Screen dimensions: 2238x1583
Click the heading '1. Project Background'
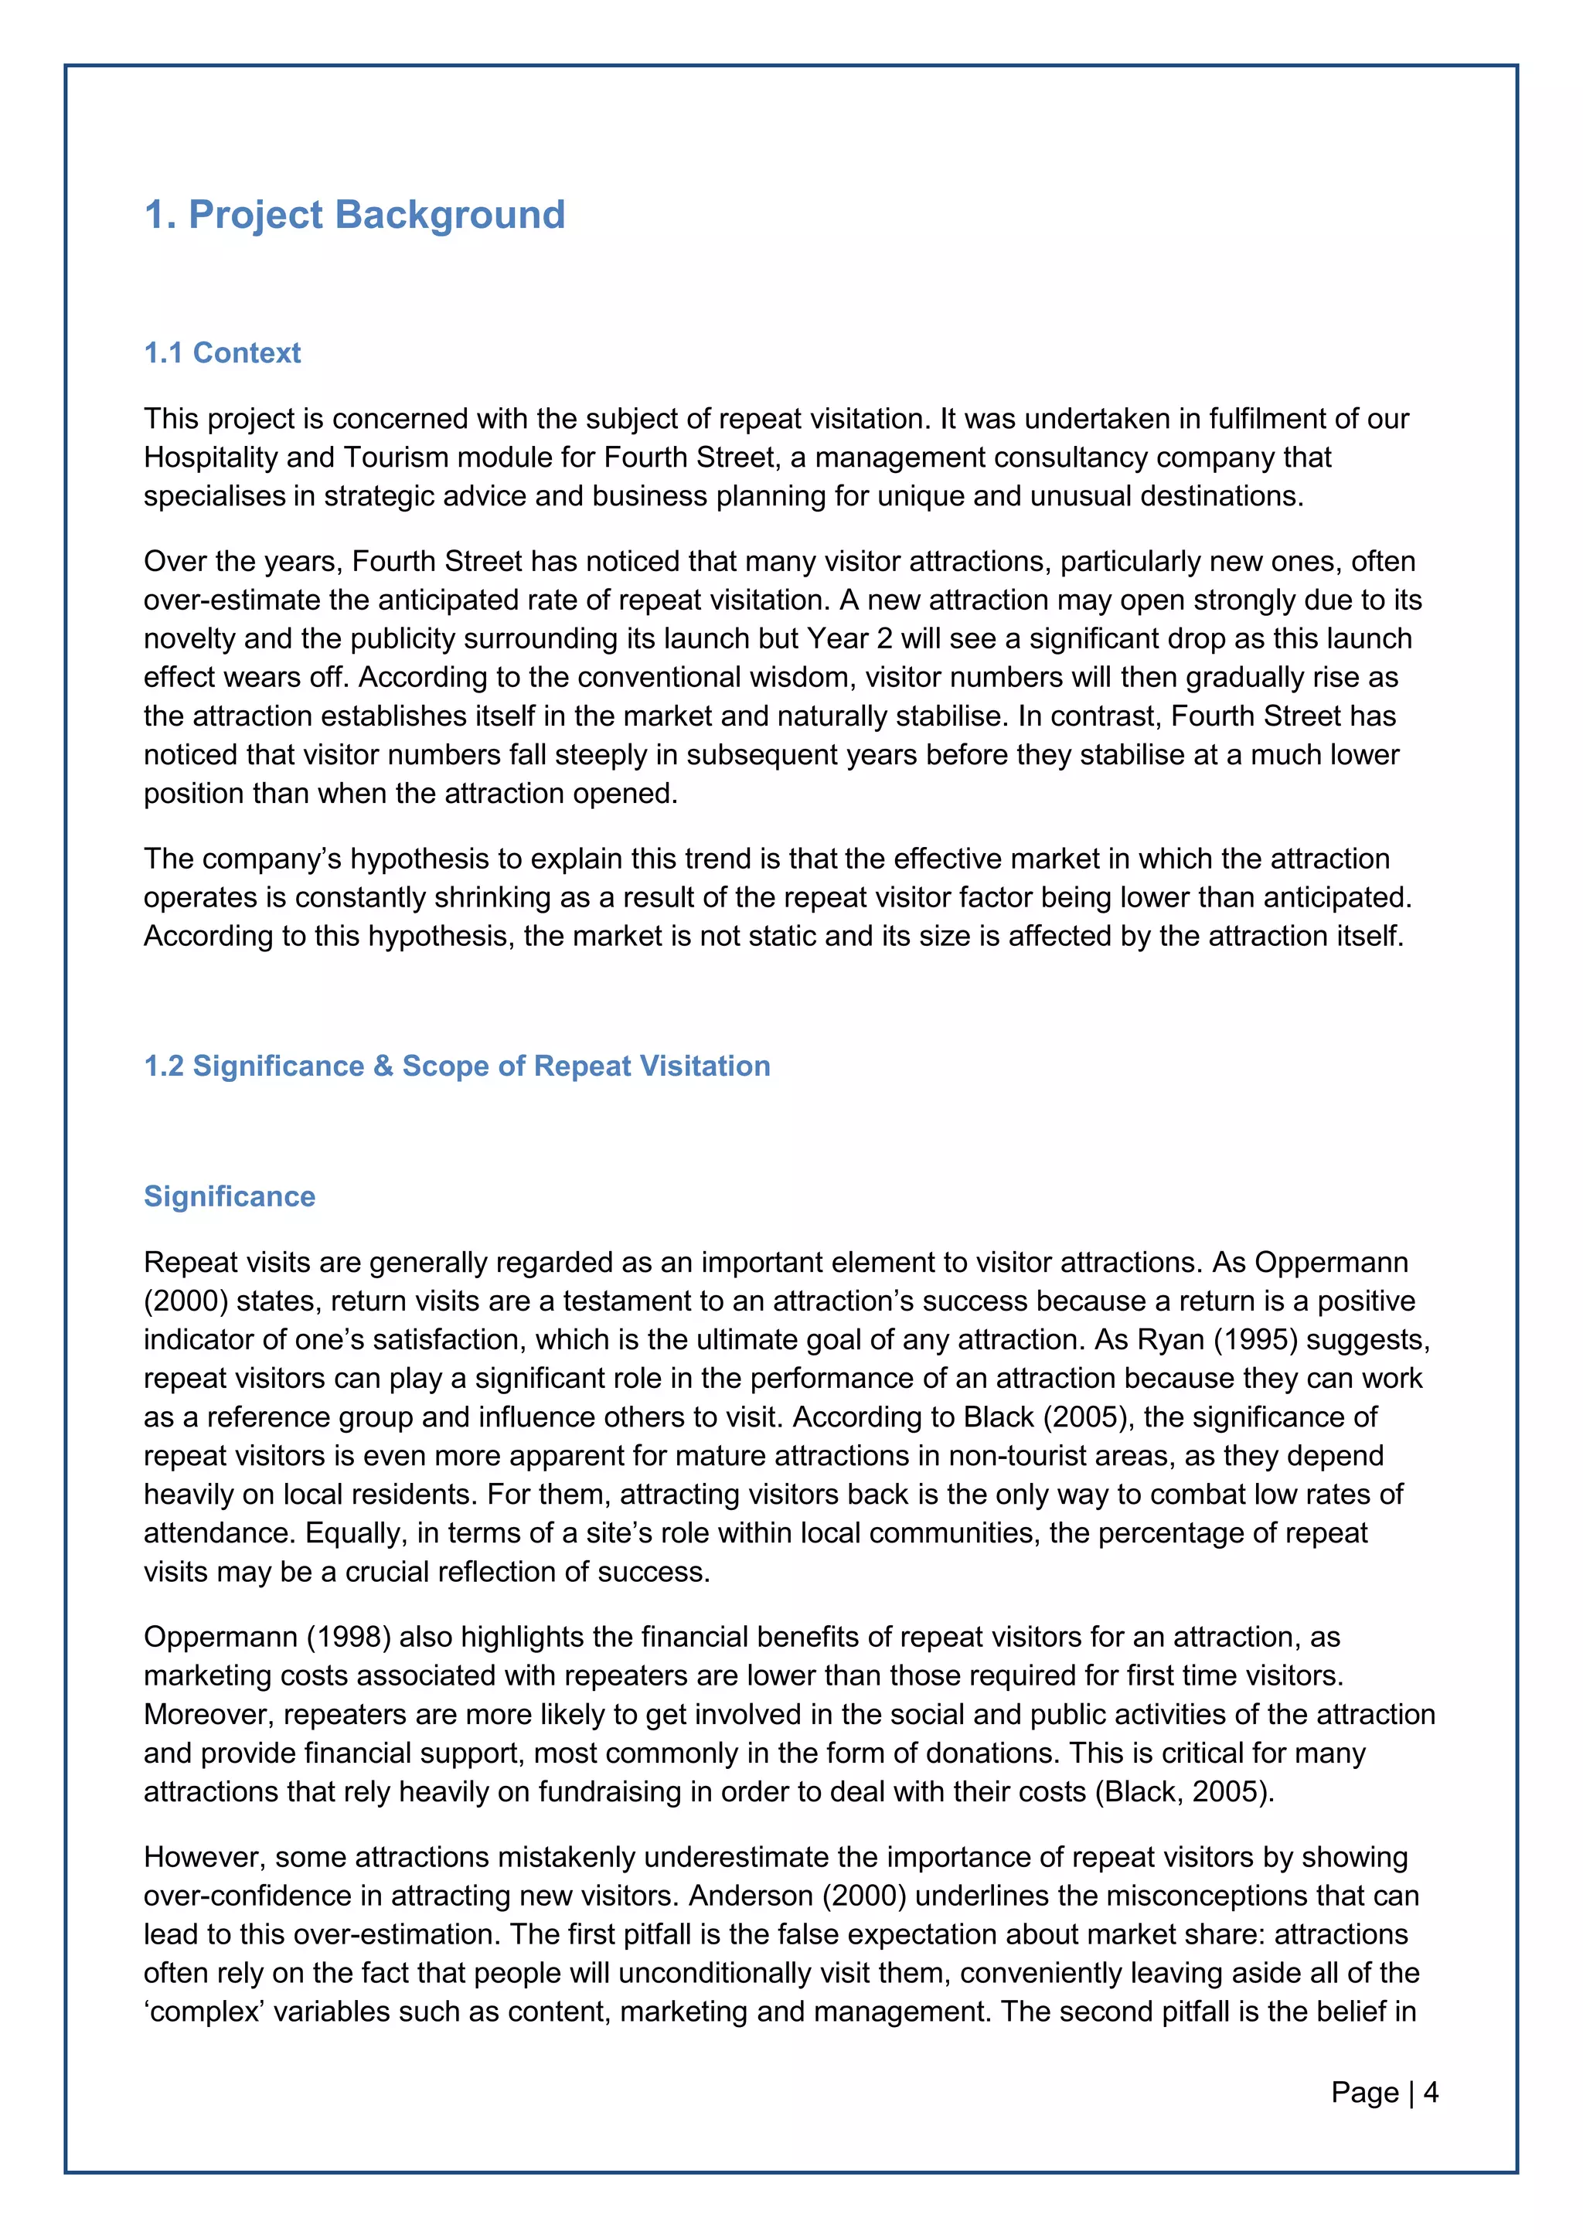pyautogui.click(x=354, y=214)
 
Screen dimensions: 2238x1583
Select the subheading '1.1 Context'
pyautogui.click(x=223, y=353)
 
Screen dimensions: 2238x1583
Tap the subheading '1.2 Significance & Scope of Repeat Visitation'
pyautogui.click(x=457, y=1066)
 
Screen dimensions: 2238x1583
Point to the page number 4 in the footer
pyautogui.click(x=1431, y=2092)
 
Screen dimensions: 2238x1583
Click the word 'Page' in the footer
pyautogui.click(x=1365, y=2092)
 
